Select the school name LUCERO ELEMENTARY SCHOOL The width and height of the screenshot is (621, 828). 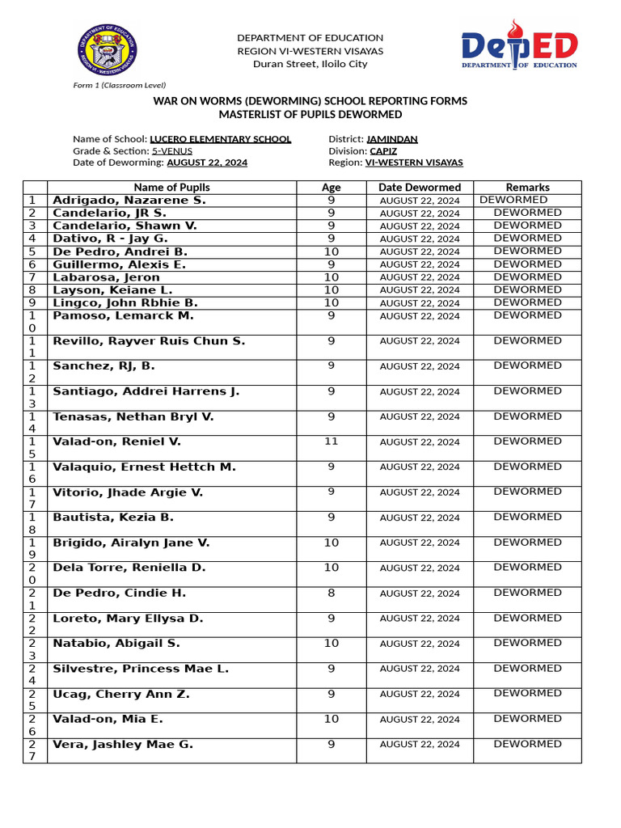tap(220, 139)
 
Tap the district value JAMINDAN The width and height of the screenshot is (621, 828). tap(391, 139)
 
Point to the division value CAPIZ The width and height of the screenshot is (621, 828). tap(383, 150)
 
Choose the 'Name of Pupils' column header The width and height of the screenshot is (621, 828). tap(171, 188)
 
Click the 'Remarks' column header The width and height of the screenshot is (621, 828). tap(527, 188)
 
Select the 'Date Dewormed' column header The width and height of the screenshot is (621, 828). tap(420, 188)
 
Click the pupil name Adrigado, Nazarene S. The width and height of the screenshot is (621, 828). tap(129, 200)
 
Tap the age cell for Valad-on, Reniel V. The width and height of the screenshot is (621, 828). tap(331, 441)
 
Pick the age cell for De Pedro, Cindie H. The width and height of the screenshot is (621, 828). tap(331, 593)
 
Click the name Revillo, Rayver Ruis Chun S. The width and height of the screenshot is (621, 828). tap(148, 341)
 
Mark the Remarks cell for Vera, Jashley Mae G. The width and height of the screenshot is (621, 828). tap(527, 744)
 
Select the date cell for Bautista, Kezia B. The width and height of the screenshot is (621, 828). tap(420, 517)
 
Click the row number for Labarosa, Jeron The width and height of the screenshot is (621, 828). tap(32, 277)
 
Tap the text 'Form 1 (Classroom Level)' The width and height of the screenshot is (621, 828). tap(119, 85)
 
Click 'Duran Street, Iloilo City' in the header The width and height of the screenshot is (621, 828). tap(310, 64)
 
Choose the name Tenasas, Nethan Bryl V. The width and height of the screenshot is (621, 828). tap(133, 416)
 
